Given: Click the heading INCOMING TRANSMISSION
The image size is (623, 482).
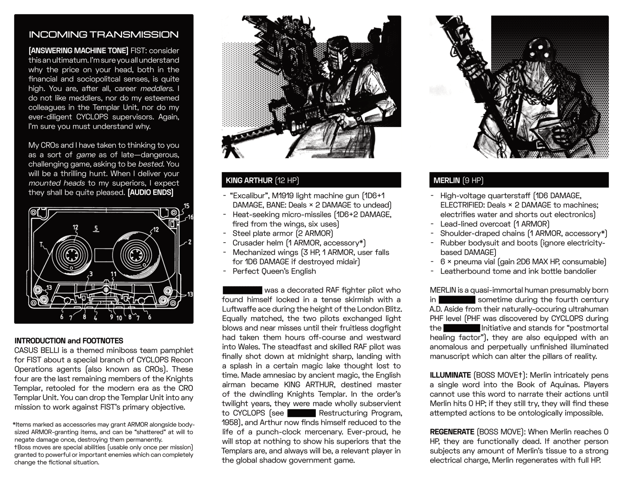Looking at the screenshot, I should (103, 34).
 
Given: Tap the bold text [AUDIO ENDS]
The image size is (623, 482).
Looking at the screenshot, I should (151, 192).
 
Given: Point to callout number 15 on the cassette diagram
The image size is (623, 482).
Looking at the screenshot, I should (186, 206).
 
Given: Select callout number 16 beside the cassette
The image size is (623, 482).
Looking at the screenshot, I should (190, 217).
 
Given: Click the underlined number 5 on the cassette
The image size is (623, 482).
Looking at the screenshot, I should (96, 228).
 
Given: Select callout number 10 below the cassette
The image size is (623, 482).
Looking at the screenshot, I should (119, 318).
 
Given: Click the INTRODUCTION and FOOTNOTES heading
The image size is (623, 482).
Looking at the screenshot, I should (69, 341).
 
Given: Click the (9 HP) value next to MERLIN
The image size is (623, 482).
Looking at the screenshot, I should (473, 180).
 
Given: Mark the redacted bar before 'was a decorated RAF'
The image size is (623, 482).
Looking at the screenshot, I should (242, 290).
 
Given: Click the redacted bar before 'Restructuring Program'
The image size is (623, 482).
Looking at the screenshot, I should (301, 413).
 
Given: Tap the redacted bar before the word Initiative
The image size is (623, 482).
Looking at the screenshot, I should (462, 328).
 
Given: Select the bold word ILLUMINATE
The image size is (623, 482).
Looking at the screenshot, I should (450, 375).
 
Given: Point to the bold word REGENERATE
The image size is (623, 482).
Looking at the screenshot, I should (452, 432).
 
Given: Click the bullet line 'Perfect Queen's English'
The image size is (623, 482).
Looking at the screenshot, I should (274, 271).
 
